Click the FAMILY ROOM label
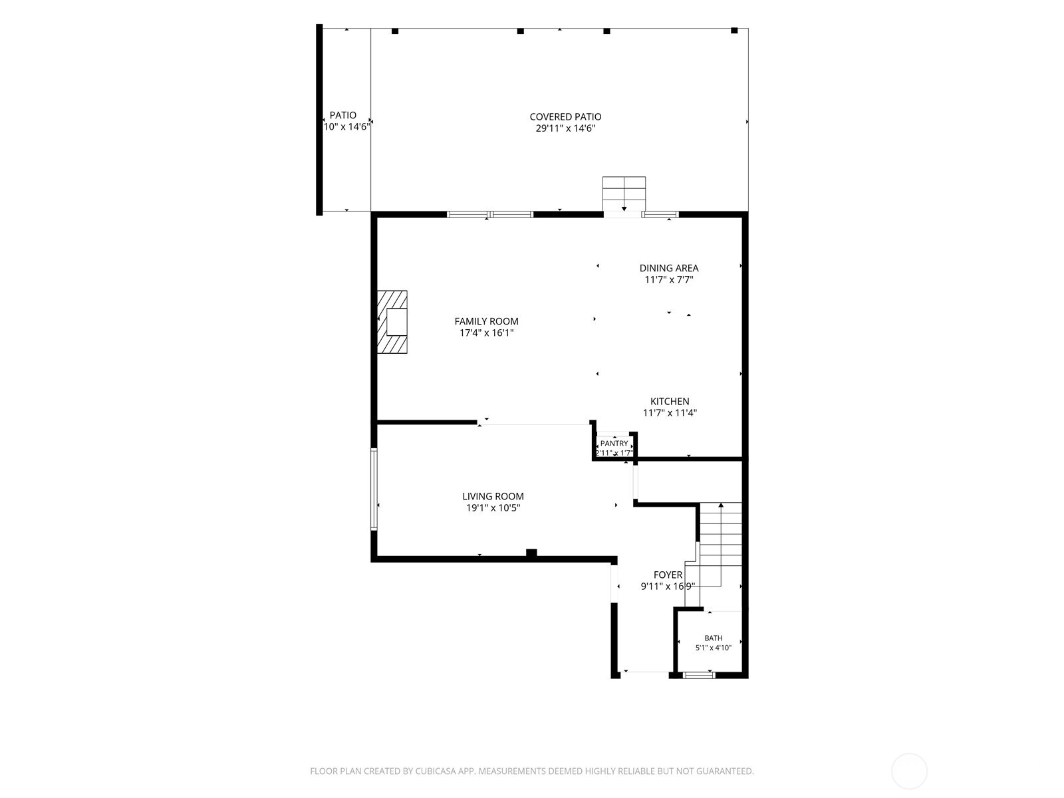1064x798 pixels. pos(486,321)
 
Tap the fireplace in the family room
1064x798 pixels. pos(392,322)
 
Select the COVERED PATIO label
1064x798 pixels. pos(565,117)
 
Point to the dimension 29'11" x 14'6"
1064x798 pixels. pos(565,128)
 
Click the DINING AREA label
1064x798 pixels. pos(669,268)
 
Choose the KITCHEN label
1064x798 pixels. pos(670,401)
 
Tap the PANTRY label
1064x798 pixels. pos(614,444)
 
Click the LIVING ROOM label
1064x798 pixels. pos(493,496)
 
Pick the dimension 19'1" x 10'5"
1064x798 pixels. pos(493,508)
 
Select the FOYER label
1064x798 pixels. pos(668,575)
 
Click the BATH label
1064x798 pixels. pos(713,638)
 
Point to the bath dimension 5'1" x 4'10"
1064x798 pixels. pos(713,647)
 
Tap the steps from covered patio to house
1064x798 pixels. pos(624,194)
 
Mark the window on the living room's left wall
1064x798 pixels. pos(374,489)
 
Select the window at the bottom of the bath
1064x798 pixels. pos(698,675)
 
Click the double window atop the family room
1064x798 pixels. pos(489,214)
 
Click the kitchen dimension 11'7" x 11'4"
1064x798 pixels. pos(670,413)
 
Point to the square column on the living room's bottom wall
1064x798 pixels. pos(531,553)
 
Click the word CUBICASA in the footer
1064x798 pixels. pos(436,771)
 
